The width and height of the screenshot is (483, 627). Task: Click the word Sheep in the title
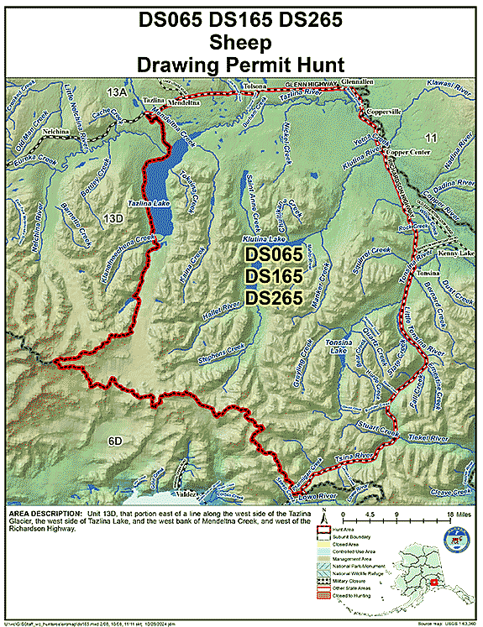click(241, 42)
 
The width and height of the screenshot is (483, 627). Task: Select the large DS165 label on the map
click(273, 276)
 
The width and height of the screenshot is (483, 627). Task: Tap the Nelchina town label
click(55, 132)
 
